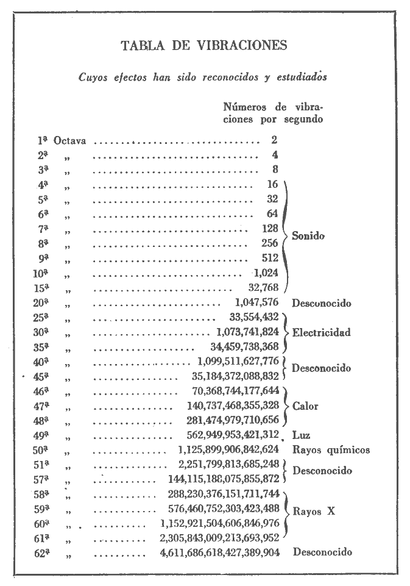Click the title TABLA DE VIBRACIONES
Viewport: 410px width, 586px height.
[204, 46]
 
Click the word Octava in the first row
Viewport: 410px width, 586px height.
[69, 141]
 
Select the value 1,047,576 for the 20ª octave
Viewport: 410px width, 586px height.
[256, 302]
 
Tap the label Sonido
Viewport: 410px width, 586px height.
[308, 236]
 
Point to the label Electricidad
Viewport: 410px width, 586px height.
[322, 333]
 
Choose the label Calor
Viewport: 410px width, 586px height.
[306, 406]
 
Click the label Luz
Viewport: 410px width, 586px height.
[301, 435]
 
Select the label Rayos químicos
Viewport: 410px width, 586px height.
[331, 451]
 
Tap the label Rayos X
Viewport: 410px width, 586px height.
[314, 512]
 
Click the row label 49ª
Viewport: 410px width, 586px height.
[41, 435]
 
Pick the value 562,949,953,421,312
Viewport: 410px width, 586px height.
[232, 435]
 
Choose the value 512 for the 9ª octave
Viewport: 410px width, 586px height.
[269, 258]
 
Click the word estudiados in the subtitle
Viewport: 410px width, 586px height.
[302, 77]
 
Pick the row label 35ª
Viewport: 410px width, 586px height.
[41, 348]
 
